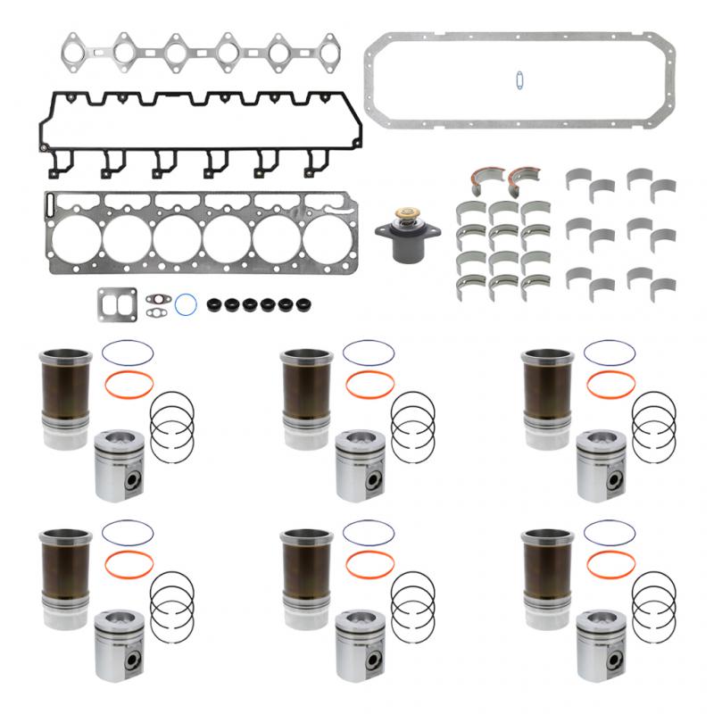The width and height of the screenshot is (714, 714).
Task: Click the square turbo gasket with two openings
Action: click(117, 303)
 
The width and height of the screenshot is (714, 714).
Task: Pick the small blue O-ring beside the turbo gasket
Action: click(186, 304)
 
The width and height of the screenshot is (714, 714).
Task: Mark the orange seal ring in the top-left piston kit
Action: click(129, 386)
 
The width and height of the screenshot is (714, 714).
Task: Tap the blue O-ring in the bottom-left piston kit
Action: click(128, 533)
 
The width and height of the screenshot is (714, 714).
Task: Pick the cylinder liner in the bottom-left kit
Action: click(66, 571)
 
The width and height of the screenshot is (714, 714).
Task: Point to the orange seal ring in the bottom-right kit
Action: click(611, 564)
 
